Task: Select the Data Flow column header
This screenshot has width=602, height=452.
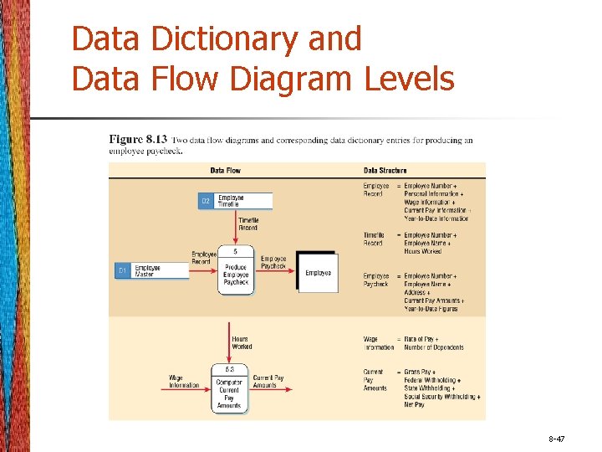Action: point(224,170)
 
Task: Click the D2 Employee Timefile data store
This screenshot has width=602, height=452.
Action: point(235,201)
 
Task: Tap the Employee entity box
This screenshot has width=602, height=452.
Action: point(318,272)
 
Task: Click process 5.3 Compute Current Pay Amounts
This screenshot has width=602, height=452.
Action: point(229,388)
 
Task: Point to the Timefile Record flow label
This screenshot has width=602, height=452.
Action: point(248,224)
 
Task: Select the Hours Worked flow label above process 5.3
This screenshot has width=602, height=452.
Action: point(241,342)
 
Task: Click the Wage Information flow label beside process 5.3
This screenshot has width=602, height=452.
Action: point(184,382)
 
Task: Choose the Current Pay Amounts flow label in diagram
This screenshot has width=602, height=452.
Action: point(268,381)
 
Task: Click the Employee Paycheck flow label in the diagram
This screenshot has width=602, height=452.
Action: point(274,262)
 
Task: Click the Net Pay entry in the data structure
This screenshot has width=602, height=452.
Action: point(415,404)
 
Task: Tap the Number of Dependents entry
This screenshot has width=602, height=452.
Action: point(433,347)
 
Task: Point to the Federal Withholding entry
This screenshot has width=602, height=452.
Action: point(432,380)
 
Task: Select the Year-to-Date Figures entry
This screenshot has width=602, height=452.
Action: point(432,309)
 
